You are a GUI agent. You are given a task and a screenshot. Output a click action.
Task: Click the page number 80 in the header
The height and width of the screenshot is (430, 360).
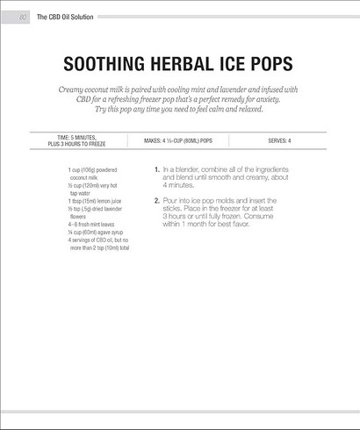(x=22, y=17)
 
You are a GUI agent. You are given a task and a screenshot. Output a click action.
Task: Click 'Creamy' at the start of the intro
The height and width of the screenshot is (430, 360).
(x=73, y=90)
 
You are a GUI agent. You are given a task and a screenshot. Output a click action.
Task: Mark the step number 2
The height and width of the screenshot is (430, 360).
(x=156, y=201)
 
